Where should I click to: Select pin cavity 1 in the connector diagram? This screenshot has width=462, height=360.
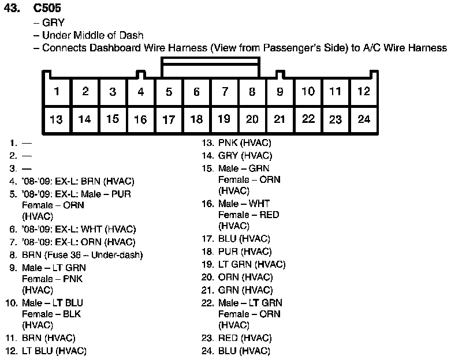(57, 91)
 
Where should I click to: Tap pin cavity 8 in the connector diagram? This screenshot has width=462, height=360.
(252, 91)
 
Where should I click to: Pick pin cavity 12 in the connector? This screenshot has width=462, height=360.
(363, 91)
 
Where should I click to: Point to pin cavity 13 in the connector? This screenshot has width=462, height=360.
(57, 119)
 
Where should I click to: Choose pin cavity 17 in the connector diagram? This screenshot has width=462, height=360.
(169, 119)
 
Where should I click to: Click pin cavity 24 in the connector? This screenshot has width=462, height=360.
(363, 119)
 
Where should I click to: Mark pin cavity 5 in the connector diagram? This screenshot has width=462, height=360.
(169, 91)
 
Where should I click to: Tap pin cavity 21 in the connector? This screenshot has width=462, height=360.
(280, 119)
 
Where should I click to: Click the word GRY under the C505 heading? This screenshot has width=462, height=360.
(53, 23)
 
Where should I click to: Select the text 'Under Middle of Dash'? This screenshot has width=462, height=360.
(92, 35)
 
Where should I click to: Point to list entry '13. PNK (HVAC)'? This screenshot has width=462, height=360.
(237, 142)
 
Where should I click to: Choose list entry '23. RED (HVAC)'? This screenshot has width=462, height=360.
(237, 338)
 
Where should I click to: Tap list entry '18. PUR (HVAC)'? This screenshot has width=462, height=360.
(237, 252)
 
